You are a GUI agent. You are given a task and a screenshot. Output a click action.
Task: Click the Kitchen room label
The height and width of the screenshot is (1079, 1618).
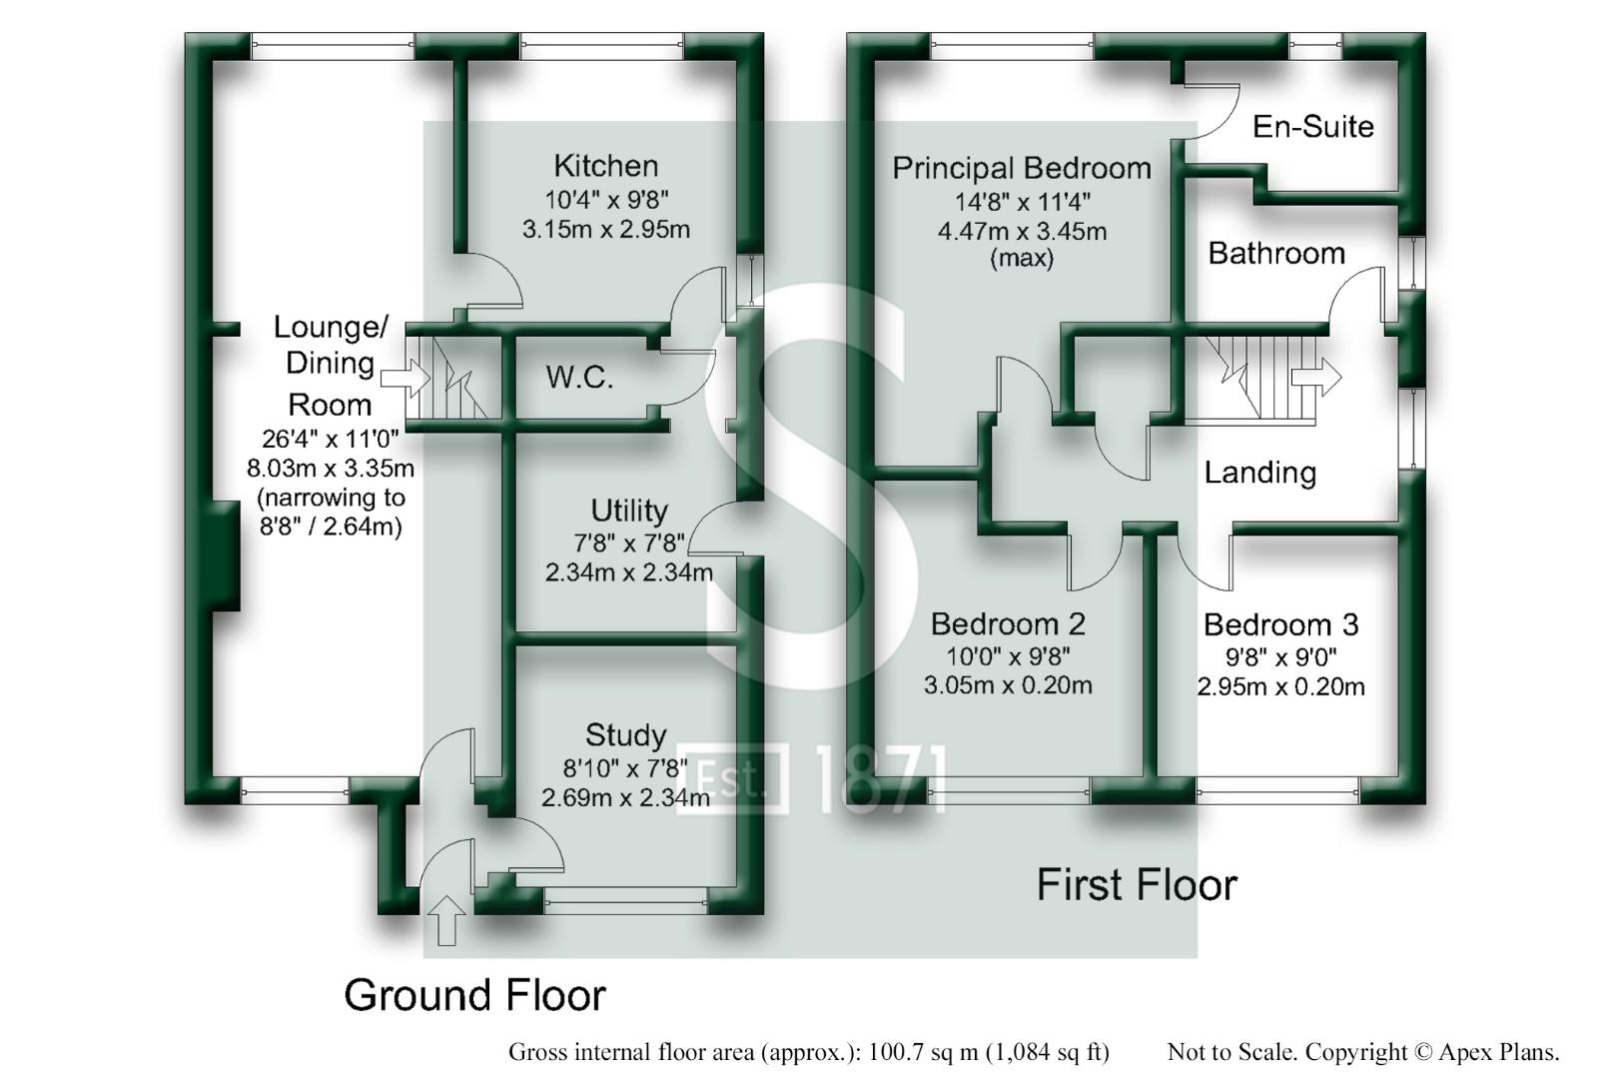(605, 166)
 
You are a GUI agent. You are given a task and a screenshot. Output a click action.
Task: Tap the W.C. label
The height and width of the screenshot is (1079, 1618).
(579, 378)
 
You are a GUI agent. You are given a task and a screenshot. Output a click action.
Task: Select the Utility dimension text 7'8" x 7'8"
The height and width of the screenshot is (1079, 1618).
(628, 542)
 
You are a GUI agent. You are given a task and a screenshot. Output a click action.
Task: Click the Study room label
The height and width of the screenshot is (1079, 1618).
(625, 735)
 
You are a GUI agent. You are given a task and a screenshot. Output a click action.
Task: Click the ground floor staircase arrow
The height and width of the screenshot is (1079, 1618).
(405, 379)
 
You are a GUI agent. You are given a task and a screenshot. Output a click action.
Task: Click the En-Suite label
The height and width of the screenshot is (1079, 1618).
(1312, 127)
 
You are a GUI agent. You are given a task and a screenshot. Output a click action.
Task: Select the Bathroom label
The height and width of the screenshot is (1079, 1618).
(1275, 254)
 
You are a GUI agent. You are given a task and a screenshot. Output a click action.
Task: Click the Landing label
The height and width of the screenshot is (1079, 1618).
(1259, 473)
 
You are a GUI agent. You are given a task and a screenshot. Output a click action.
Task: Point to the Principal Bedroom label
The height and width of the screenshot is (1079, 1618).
(1021, 168)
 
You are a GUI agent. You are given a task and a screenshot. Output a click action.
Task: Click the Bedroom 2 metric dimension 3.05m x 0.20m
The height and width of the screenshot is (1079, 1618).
(1007, 685)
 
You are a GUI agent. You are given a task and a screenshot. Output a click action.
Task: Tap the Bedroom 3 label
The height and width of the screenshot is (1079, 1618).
(1280, 625)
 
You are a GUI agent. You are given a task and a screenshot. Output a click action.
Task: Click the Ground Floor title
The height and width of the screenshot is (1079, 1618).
(474, 995)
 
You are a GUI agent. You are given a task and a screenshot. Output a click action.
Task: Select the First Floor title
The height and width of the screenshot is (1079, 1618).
(1137, 885)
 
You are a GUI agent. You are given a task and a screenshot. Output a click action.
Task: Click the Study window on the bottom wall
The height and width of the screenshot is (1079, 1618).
(626, 902)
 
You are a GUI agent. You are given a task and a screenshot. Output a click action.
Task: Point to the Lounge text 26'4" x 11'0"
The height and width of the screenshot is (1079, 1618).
(330, 438)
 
